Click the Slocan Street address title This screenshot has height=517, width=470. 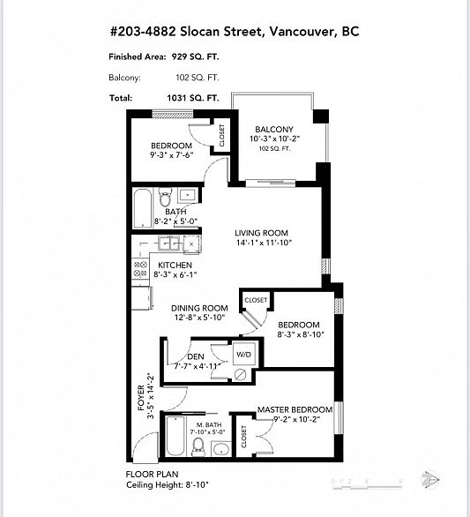click(x=235, y=33)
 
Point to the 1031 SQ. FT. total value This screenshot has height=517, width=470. click(x=198, y=98)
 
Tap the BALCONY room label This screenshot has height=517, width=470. click(x=273, y=130)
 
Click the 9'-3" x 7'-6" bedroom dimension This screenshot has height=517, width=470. click(x=171, y=155)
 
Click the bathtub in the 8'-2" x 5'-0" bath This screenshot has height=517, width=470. click(x=143, y=207)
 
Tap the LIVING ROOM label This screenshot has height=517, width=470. click(x=262, y=233)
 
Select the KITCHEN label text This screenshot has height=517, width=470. click(x=175, y=265)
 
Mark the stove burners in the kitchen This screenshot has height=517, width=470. click(x=140, y=270)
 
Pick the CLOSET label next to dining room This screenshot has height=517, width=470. click(x=256, y=300)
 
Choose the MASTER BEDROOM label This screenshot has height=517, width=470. click(x=295, y=409)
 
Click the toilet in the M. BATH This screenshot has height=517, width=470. click(x=199, y=448)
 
